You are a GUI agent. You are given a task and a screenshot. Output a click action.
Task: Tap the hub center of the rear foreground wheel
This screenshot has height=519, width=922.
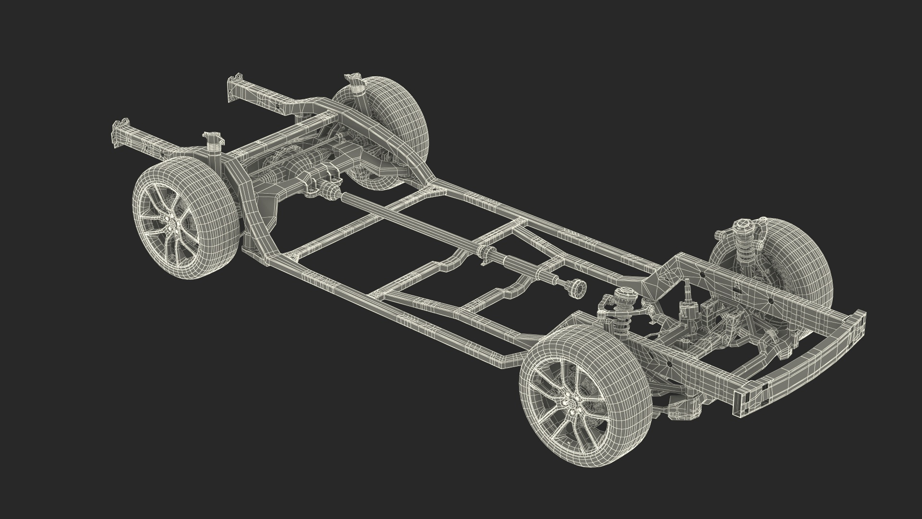(x=176, y=224)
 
